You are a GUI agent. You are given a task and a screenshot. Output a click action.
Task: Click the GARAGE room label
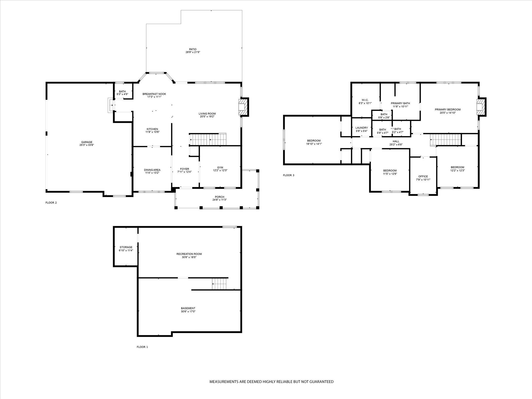(x=87, y=142)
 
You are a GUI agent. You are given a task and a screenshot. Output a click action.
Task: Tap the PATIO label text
(x=193, y=49)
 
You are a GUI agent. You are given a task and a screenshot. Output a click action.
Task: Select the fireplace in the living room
(x=243, y=107)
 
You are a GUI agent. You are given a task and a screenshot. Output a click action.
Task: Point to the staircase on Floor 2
(x=208, y=139)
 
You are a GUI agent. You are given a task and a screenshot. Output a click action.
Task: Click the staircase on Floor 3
(x=446, y=140)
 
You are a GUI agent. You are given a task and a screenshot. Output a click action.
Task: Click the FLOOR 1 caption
(x=142, y=347)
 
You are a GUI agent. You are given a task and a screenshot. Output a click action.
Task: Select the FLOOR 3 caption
(x=289, y=175)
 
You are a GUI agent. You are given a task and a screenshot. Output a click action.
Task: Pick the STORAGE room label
(x=126, y=247)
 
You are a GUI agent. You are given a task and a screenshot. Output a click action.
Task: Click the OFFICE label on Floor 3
(x=423, y=176)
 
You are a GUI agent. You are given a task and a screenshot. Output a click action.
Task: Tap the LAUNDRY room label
(x=362, y=128)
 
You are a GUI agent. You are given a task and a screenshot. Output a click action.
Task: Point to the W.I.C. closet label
(x=365, y=100)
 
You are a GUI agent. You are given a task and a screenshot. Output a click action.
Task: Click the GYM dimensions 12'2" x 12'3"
(x=220, y=170)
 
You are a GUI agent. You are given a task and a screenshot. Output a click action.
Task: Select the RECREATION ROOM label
(x=189, y=254)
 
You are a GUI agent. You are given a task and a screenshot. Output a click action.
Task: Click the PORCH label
(x=219, y=197)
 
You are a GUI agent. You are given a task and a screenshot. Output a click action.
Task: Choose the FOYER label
(x=184, y=169)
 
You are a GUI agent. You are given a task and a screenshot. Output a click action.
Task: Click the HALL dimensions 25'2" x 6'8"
(x=396, y=145)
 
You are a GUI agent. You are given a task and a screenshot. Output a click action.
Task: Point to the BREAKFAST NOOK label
(x=154, y=94)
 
